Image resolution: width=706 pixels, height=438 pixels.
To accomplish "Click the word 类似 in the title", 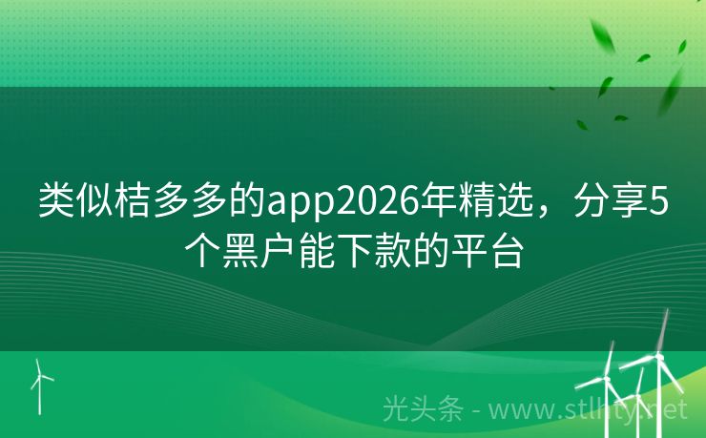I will pyautogui.click(x=71, y=201).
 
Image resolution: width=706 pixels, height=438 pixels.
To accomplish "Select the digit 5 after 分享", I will pyautogui.click(x=657, y=201).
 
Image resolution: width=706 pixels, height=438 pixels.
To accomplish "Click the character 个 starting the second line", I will pyautogui.click(x=201, y=251).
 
